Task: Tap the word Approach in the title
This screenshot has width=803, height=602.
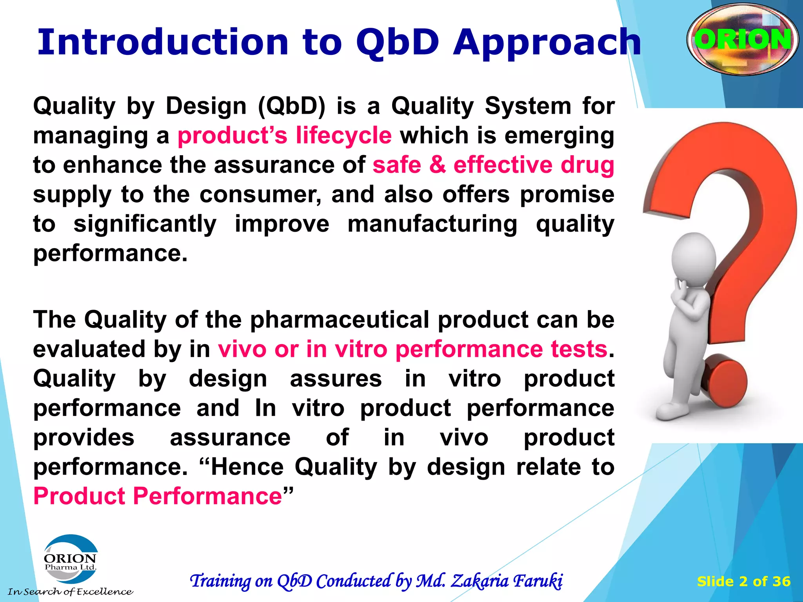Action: coord(547,43)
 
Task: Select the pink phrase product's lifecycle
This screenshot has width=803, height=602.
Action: coord(285,136)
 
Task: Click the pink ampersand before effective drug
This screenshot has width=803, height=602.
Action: coord(438,165)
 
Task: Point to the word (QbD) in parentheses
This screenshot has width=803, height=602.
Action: coord(292,106)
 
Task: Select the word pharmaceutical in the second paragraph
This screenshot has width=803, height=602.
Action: coord(340,320)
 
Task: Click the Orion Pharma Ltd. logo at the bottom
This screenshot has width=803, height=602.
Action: coord(71,559)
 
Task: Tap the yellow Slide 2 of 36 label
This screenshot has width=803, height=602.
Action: coord(743,581)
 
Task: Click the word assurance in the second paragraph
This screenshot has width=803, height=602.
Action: coord(230,437)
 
